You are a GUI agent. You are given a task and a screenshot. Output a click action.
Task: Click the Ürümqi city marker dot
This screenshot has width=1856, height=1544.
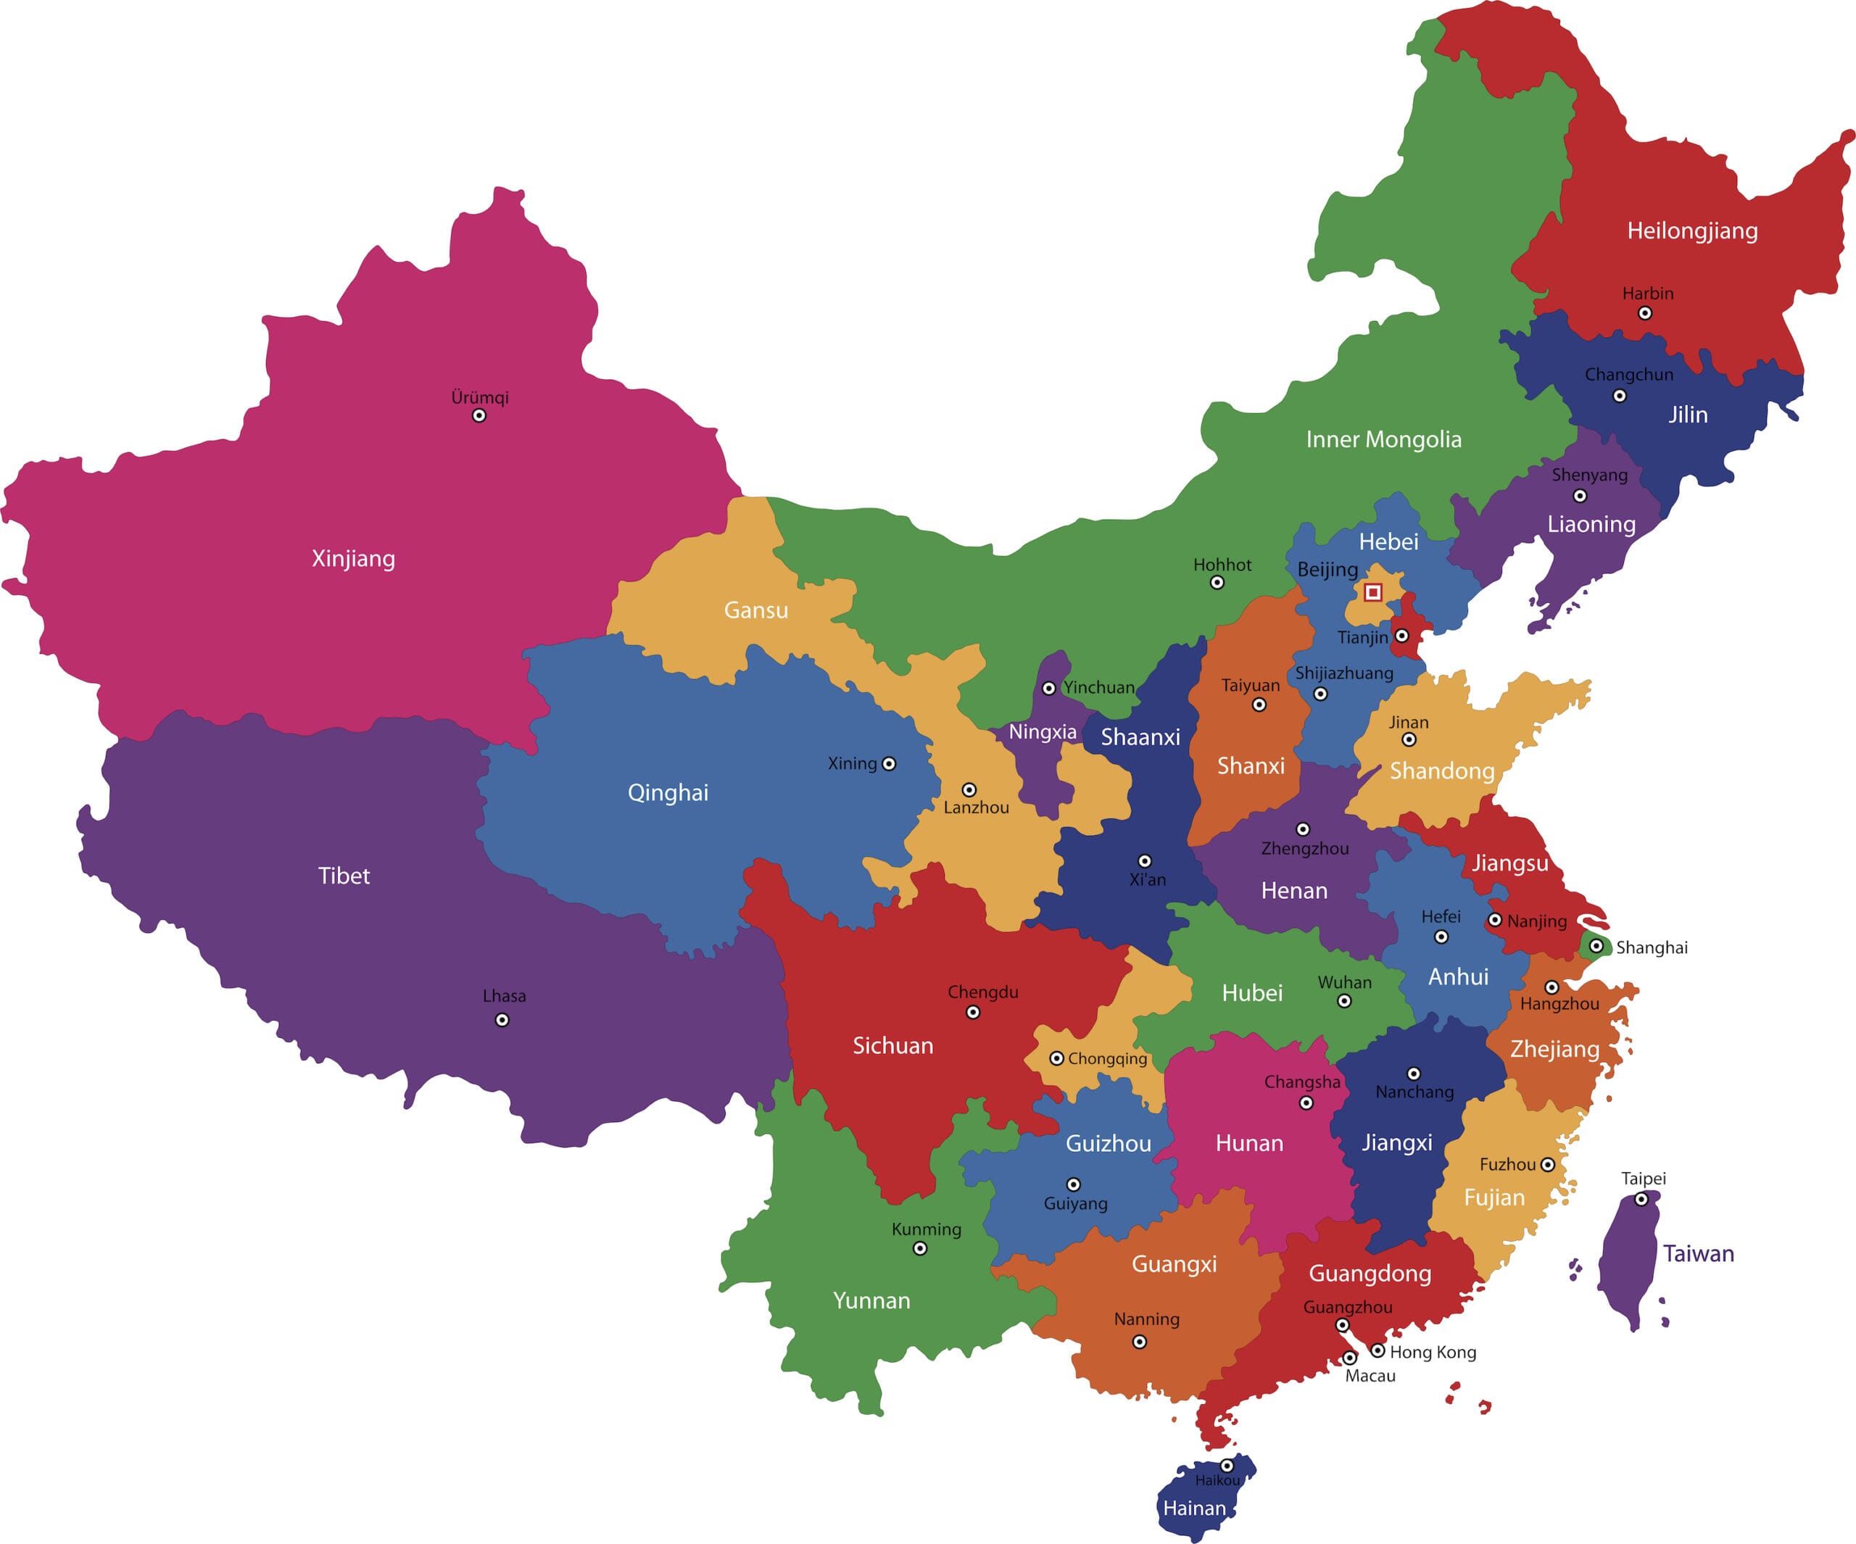pos(479,415)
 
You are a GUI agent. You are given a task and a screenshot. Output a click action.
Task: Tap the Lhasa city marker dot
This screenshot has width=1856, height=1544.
pos(502,1020)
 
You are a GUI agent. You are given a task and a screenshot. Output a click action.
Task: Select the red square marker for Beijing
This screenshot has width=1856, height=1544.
pos(1372,592)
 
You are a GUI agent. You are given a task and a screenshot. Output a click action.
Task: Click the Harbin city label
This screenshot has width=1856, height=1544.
pos(1647,294)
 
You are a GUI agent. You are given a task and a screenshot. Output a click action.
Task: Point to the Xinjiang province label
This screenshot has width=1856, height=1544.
pos(354,559)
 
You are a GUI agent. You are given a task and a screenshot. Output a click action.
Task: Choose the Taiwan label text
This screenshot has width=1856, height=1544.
pos(1698,1253)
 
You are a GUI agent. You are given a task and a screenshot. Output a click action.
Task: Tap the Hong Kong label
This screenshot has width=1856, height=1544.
pos(1433,1352)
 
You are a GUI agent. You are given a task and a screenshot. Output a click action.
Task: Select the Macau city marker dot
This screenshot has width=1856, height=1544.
pos(1349,1358)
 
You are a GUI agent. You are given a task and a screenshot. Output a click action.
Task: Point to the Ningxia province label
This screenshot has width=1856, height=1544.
pos(1043,732)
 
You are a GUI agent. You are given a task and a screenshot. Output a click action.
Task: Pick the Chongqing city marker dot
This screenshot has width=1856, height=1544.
pos(1056,1058)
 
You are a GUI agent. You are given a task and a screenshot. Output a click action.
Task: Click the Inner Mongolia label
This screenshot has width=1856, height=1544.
pos(1383,439)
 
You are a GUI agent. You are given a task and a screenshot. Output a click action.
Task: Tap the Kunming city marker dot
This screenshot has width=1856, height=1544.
pos(920,1249)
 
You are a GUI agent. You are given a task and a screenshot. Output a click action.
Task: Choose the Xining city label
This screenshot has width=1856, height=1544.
pos(852,763)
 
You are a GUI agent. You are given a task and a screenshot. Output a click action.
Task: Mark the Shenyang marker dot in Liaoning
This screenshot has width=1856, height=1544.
pos(1579,496)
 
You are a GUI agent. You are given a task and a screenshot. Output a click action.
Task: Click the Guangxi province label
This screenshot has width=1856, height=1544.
pos(1174,1264)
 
